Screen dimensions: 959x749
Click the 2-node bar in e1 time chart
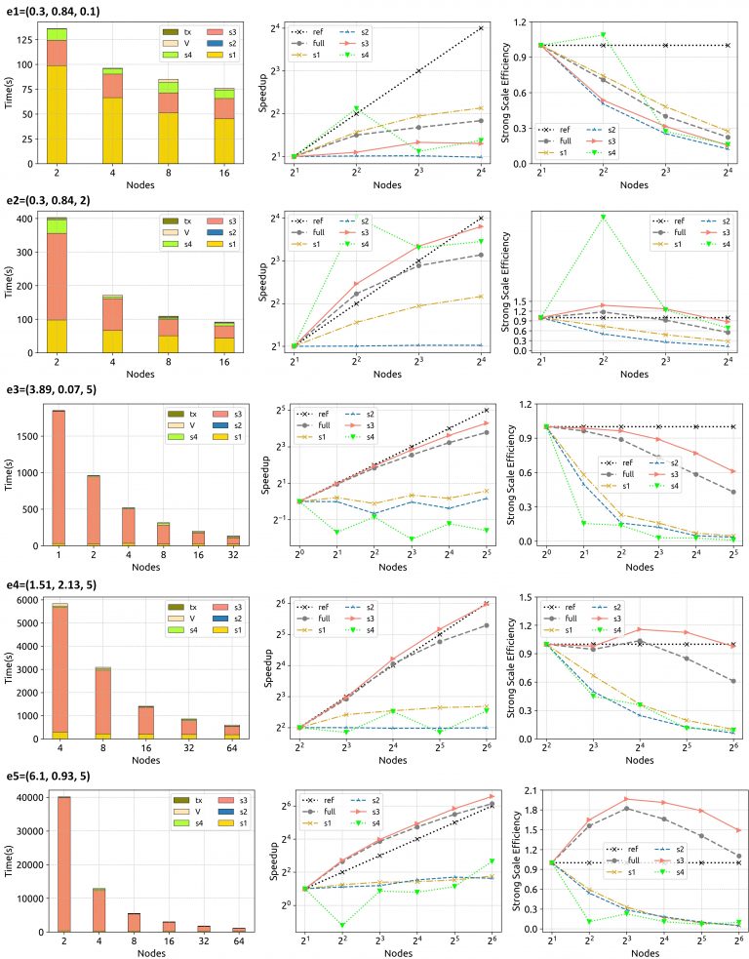tap(57, 93)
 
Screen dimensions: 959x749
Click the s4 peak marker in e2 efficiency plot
tap(604, 217)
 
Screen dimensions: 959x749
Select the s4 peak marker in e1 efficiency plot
tap(604, 35)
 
